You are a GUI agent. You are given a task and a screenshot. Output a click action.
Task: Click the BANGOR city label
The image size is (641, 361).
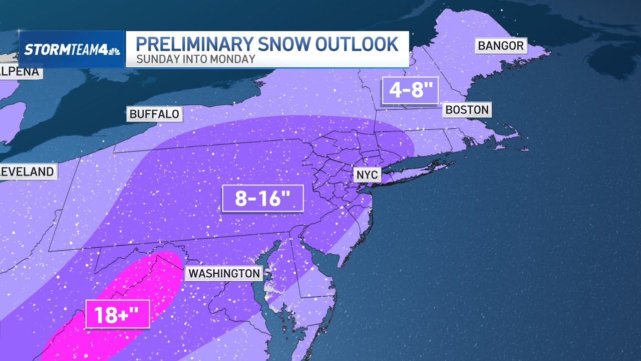(500, 46)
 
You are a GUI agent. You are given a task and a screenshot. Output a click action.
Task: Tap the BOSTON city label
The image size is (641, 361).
(467, 110)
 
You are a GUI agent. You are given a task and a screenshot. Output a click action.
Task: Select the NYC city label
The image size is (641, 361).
(367, 175)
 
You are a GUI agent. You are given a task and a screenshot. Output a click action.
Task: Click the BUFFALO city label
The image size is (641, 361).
(154, 114)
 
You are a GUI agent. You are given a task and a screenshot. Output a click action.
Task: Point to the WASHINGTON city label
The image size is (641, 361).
(224, 273)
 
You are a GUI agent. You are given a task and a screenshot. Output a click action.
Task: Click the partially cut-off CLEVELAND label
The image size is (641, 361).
(28, 171)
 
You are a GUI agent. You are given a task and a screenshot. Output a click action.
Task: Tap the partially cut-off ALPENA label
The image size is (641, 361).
(20, 72)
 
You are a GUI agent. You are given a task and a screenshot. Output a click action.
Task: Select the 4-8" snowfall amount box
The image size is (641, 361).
(410, 91)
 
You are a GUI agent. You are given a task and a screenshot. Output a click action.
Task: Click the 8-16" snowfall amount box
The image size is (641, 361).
(263, 199)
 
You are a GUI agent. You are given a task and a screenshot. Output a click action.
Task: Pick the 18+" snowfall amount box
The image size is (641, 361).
(117, 314)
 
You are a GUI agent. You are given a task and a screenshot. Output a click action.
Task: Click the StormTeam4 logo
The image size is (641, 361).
(72, 49)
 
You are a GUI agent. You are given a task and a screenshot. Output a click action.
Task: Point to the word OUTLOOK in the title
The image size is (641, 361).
(358, 44)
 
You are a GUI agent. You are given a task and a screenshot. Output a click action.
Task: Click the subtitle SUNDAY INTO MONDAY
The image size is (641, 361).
(196, 59)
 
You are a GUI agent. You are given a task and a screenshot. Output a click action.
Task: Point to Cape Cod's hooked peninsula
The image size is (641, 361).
(516, 143)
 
